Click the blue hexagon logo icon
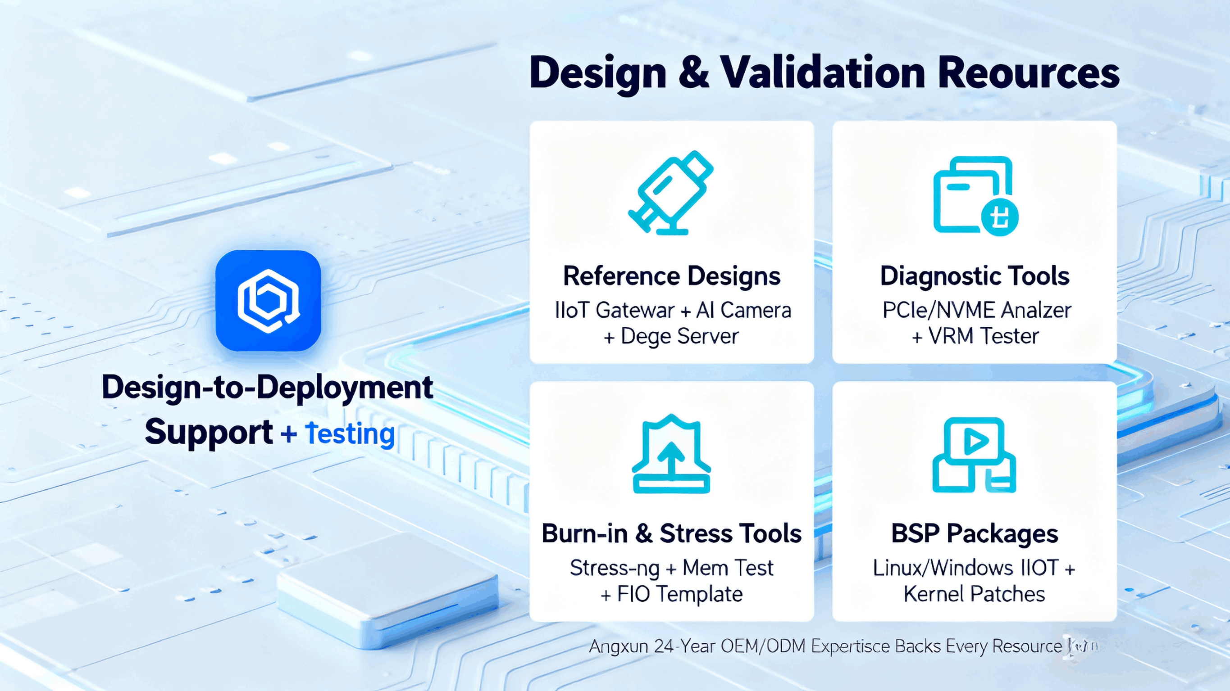268,301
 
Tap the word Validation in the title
822,73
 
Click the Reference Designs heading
671,276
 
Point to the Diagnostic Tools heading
974,276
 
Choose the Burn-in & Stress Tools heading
671,533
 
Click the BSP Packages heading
974,533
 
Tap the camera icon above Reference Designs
670,193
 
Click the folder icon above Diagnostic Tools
974,196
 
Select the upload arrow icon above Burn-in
671,453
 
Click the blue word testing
350,434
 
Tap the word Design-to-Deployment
267,387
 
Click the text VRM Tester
984,336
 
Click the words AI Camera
743,311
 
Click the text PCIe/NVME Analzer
976,311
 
